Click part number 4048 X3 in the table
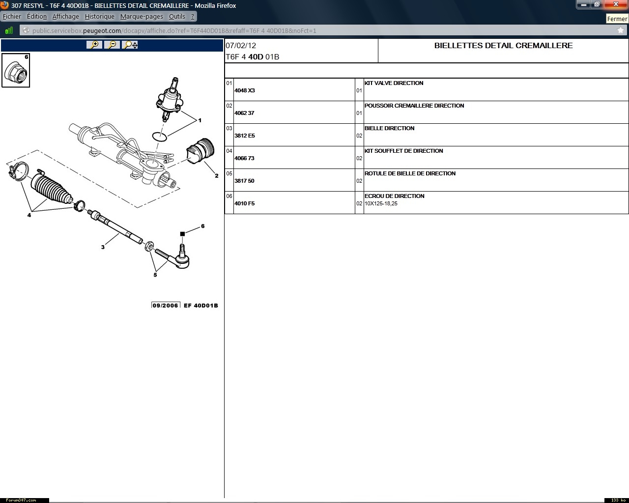coord(244,90)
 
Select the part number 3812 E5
coord(244,136)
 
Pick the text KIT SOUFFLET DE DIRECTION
coord(403,151)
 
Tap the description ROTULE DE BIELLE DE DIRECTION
coord(410,173)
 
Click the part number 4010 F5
coord(244,203)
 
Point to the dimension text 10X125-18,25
coord(381,204)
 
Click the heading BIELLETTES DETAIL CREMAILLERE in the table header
coord(503,46)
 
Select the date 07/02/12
coord(241,46)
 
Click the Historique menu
coord(99,17)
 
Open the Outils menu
coord(177,17)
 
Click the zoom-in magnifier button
coord(94,45)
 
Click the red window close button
coord(616,4)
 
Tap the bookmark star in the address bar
coord(620,30)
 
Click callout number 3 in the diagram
coord(103,247)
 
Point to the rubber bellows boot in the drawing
coord(51,188)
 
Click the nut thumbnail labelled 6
coord(16,70)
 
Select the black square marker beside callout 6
coord(182,234)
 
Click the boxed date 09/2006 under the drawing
coord(165,306)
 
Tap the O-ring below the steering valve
coord(160,137)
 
